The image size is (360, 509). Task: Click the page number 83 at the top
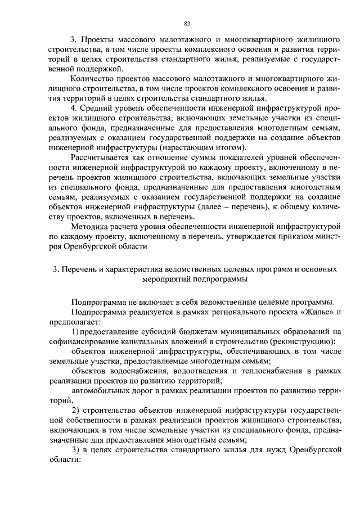point(188,23)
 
